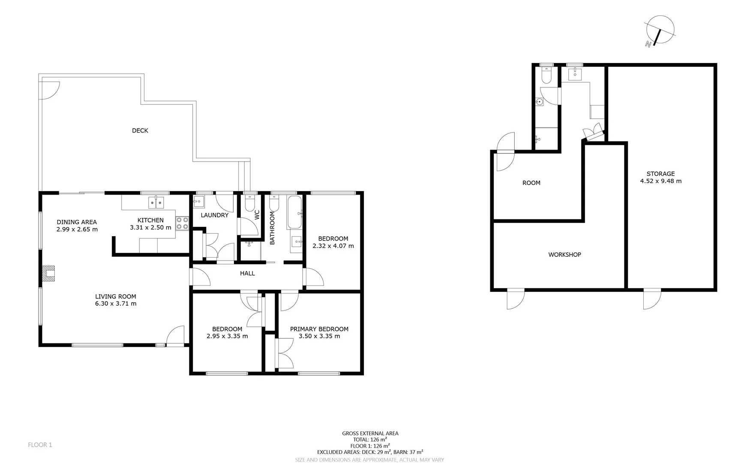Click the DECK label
tap(140, 131)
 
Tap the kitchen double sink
tap(156, 202)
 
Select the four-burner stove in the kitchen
tap(182, 223)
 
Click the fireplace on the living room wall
tap(49, 274)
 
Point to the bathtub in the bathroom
tap(294, 212)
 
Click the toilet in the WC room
tap(250, 203)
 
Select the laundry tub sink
tap(199, 201)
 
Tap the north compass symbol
tap(660, 30)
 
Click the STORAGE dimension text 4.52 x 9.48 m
tap(660, 181)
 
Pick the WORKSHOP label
tap(564, 255)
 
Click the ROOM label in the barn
tap(531, 183)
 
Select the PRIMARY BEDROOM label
tap(319, 329)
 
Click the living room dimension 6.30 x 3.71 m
tap(116, 304)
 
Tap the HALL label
tap(247, 274)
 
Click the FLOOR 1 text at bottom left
tap(40, 445)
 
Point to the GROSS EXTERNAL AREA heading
tap(370, 433)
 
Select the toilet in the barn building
tap(546, 75)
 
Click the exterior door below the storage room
tap(651, 299)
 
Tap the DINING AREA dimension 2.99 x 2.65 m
tap(77, 229)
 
